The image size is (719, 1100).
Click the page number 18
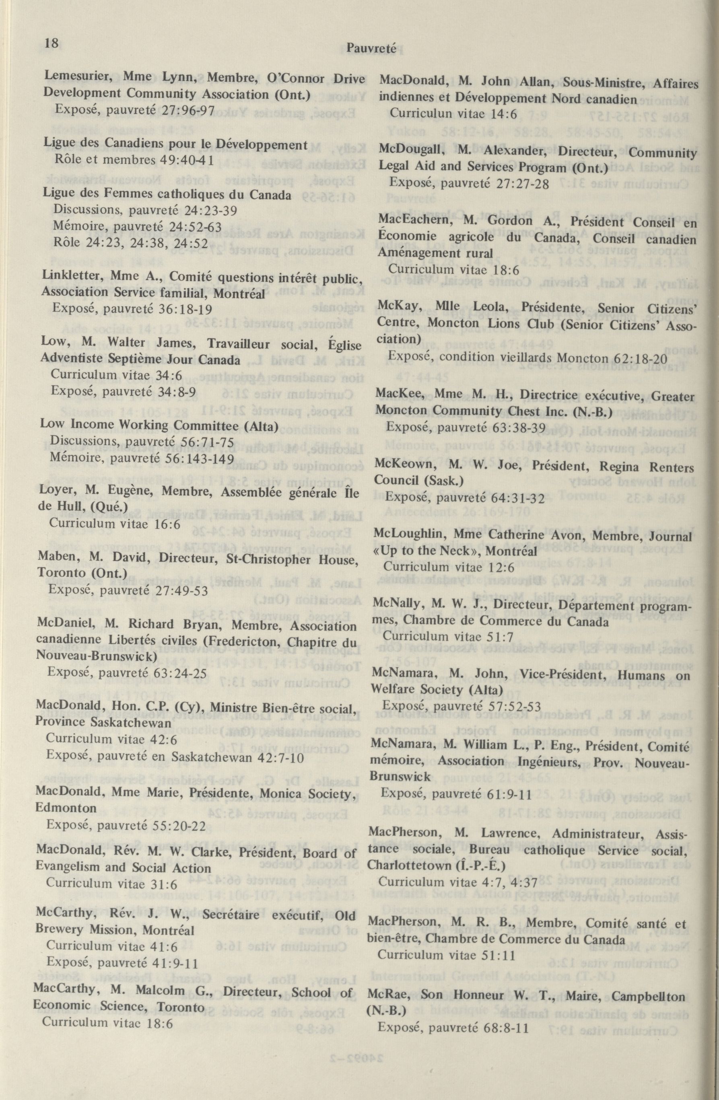pos(52,43)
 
